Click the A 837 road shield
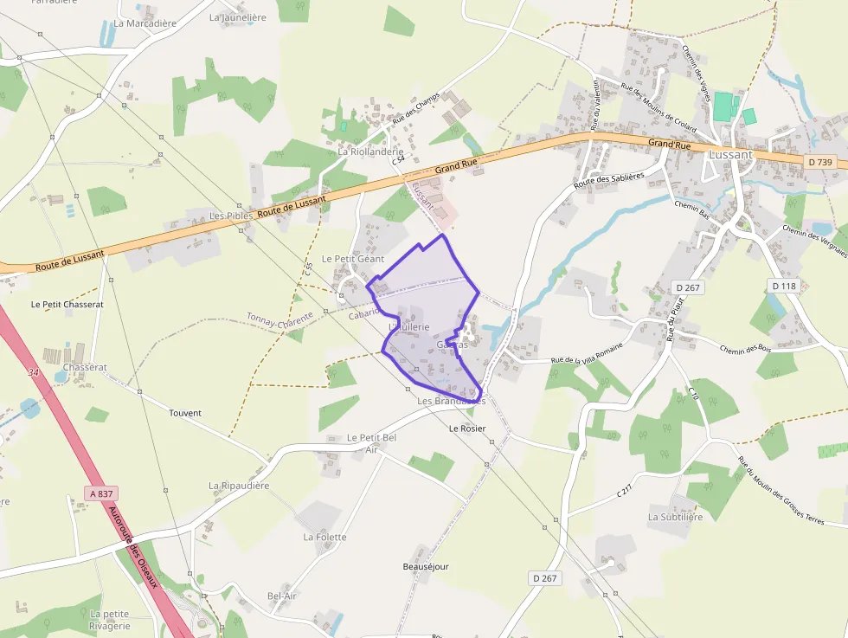(x=101, y=493)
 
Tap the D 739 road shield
(x=819, y=162)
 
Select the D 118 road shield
(x=784, y=286)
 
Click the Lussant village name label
(x=730, y=154)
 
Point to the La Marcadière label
(x=145, y=23)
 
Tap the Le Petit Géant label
(x=352, y=259)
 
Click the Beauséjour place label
(x=426, y=567)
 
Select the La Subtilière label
(x=675, y=517)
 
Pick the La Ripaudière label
(x=239, y=486)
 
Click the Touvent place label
(x=185, y=413)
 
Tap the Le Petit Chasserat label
(x=67, y=305)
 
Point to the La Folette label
(x=324, y=537)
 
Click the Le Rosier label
(x=467, y=429)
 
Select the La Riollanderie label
(x=370, y=151)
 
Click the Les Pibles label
(x=230, y=215)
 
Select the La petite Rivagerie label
(x=110, y=620)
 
